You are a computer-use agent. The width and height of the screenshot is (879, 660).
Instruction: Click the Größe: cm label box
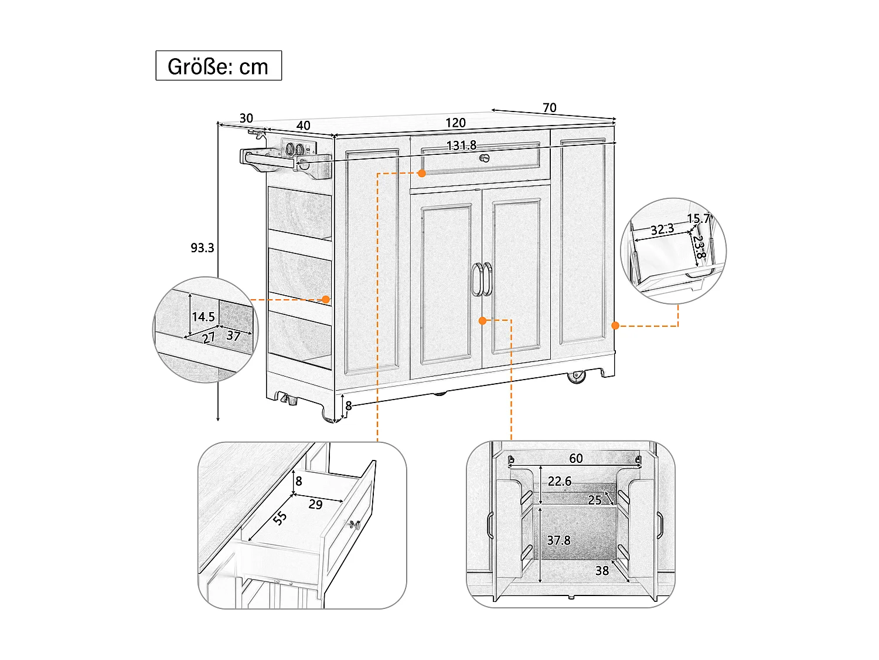[218, 66]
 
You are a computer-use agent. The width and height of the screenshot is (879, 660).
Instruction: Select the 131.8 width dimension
[461, 145]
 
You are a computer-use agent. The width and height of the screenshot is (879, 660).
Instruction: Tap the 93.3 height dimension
[202, 248]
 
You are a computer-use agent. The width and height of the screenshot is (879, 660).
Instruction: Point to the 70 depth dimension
[549, 108]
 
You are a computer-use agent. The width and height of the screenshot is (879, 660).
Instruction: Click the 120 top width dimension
[455, 123]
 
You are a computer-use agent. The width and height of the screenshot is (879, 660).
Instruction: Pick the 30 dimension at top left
[246, 118]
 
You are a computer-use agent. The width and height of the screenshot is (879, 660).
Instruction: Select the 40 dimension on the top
[303, 126]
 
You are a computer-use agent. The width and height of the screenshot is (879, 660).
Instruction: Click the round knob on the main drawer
[484, 158]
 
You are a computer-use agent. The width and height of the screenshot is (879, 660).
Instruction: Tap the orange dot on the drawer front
[421, 174]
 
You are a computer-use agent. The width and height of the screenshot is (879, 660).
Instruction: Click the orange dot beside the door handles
[482, 320]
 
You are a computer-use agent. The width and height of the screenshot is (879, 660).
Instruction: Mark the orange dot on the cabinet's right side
[615, 325]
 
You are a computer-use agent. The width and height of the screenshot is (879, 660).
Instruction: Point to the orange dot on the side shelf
[326, 299]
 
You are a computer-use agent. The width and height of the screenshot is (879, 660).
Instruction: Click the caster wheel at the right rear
[577, 377]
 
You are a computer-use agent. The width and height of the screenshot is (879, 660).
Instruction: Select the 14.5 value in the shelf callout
[203, 317]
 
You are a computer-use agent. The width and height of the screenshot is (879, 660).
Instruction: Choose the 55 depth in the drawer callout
[280, 517]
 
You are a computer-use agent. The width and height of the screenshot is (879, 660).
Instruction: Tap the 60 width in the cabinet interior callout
[576, 458]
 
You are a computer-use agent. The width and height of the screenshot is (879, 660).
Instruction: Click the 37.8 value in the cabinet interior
[558, 540]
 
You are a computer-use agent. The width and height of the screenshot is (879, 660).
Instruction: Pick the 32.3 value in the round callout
[662, 229]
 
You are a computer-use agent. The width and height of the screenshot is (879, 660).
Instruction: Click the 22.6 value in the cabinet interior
[559, 482]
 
